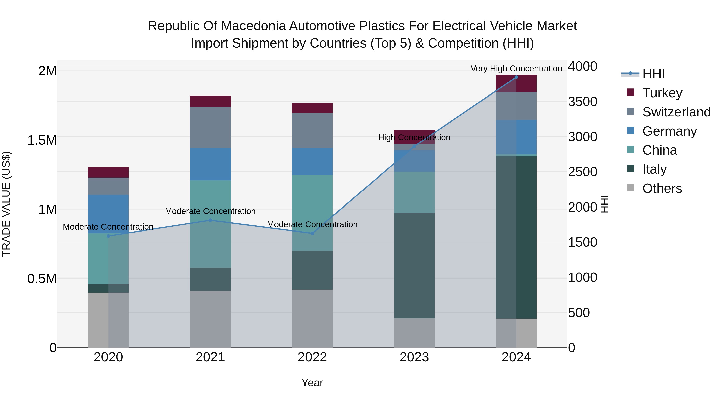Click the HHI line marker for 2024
point(516,77)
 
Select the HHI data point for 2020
point(108,236)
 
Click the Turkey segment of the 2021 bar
point(210,101)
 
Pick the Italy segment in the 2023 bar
point(414,266)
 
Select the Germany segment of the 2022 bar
point(312,162)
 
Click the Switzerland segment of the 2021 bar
point(210,128)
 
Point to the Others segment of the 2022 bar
point(312,318)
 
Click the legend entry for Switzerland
point(676,112)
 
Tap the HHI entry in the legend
point(653,74)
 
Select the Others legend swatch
point(630,188)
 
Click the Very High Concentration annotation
point(516,69)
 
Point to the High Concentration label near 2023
point(414,137)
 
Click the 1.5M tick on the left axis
point(42,140)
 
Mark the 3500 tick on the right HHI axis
point(582,102)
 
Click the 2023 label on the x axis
point(414,357)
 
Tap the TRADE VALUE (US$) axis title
point(6,204)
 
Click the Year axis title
point(312,383)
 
